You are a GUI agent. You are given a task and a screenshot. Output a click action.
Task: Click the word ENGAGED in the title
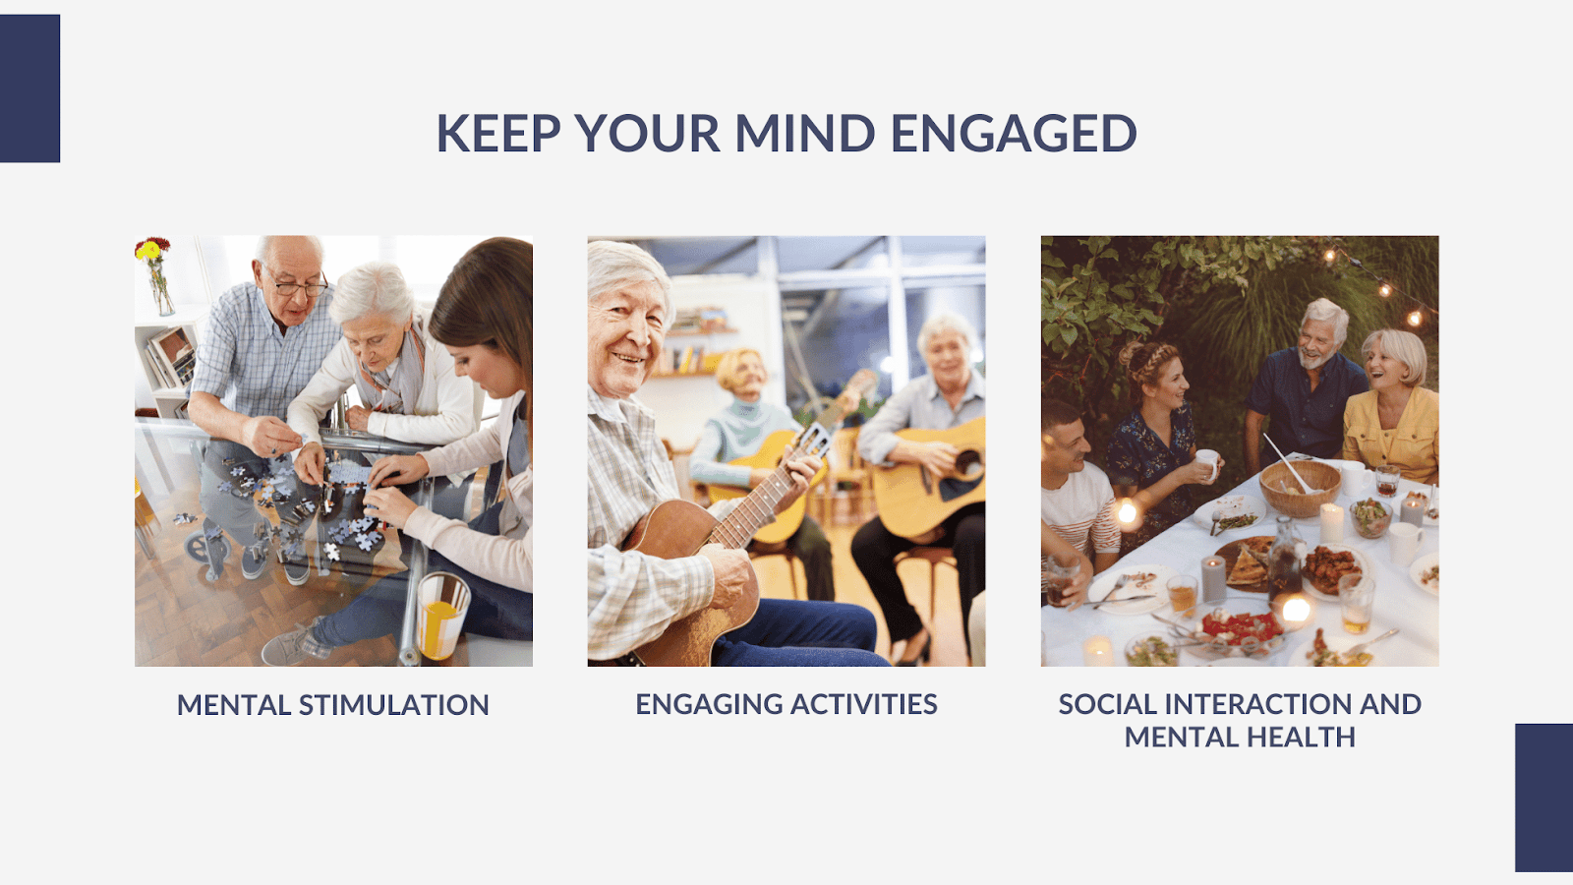pyautogui.click(x=1014, y=133)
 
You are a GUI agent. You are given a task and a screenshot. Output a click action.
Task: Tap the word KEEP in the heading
pyautogui.click(x=498, y=133)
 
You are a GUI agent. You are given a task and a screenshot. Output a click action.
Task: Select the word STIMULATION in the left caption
pyautogui.click(x=394, y=705)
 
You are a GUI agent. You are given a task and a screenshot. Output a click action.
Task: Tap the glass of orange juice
pyautogui.click(x=442, y=616)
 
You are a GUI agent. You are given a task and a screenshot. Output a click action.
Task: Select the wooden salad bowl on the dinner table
pyautogui.click(x=1300, y=488)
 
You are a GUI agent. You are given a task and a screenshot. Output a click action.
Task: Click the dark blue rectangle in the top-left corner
pyautogui.click(x=29, y=88)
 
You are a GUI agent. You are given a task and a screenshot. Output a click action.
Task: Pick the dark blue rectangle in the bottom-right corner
pyautogui.click(x=1544, y=797)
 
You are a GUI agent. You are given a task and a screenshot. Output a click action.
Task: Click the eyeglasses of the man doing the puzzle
pyautogui.click(x=300, y=284)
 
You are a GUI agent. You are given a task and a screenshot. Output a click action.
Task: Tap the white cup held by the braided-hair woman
pyautogui.click(x=1207, y=463)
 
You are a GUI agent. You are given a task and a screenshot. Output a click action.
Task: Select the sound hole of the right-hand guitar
pyautogui.click(x=967, y=464)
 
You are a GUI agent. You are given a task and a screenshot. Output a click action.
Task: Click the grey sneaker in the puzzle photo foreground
pyautogui.click(x=295, y=643)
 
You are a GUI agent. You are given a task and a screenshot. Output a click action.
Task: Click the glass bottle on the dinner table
pyautogui.click(x=1286, y=559)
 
